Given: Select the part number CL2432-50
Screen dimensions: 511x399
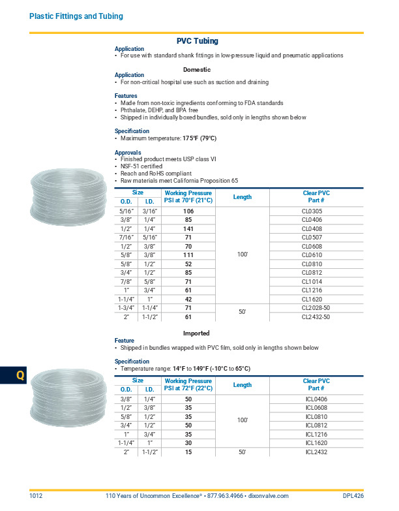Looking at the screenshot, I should pos(316,317).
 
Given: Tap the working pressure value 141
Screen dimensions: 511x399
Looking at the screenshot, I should pos(189,229).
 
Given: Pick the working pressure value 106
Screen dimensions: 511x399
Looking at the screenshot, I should pos(189,211).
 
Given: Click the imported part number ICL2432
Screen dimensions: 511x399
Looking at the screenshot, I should pos(316,452).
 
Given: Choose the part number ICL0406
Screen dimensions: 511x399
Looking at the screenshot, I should pos(316,399).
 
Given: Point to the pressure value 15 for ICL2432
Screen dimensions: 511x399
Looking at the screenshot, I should pos(188,452).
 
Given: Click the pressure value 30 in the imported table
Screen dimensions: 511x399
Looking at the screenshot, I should pos(188,442).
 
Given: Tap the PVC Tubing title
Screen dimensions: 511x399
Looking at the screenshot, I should pos(198,41).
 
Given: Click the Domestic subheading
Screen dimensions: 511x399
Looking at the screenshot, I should pos(197,69).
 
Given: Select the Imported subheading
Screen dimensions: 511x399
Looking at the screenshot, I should pos(196,333).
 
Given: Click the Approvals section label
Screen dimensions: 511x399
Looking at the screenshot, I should pos(128,153).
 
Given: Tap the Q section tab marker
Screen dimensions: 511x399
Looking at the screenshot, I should pos(20,377).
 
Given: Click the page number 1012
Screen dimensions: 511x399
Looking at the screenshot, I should pos(36,496).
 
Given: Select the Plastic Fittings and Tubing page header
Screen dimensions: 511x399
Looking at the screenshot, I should pos(76,16).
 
